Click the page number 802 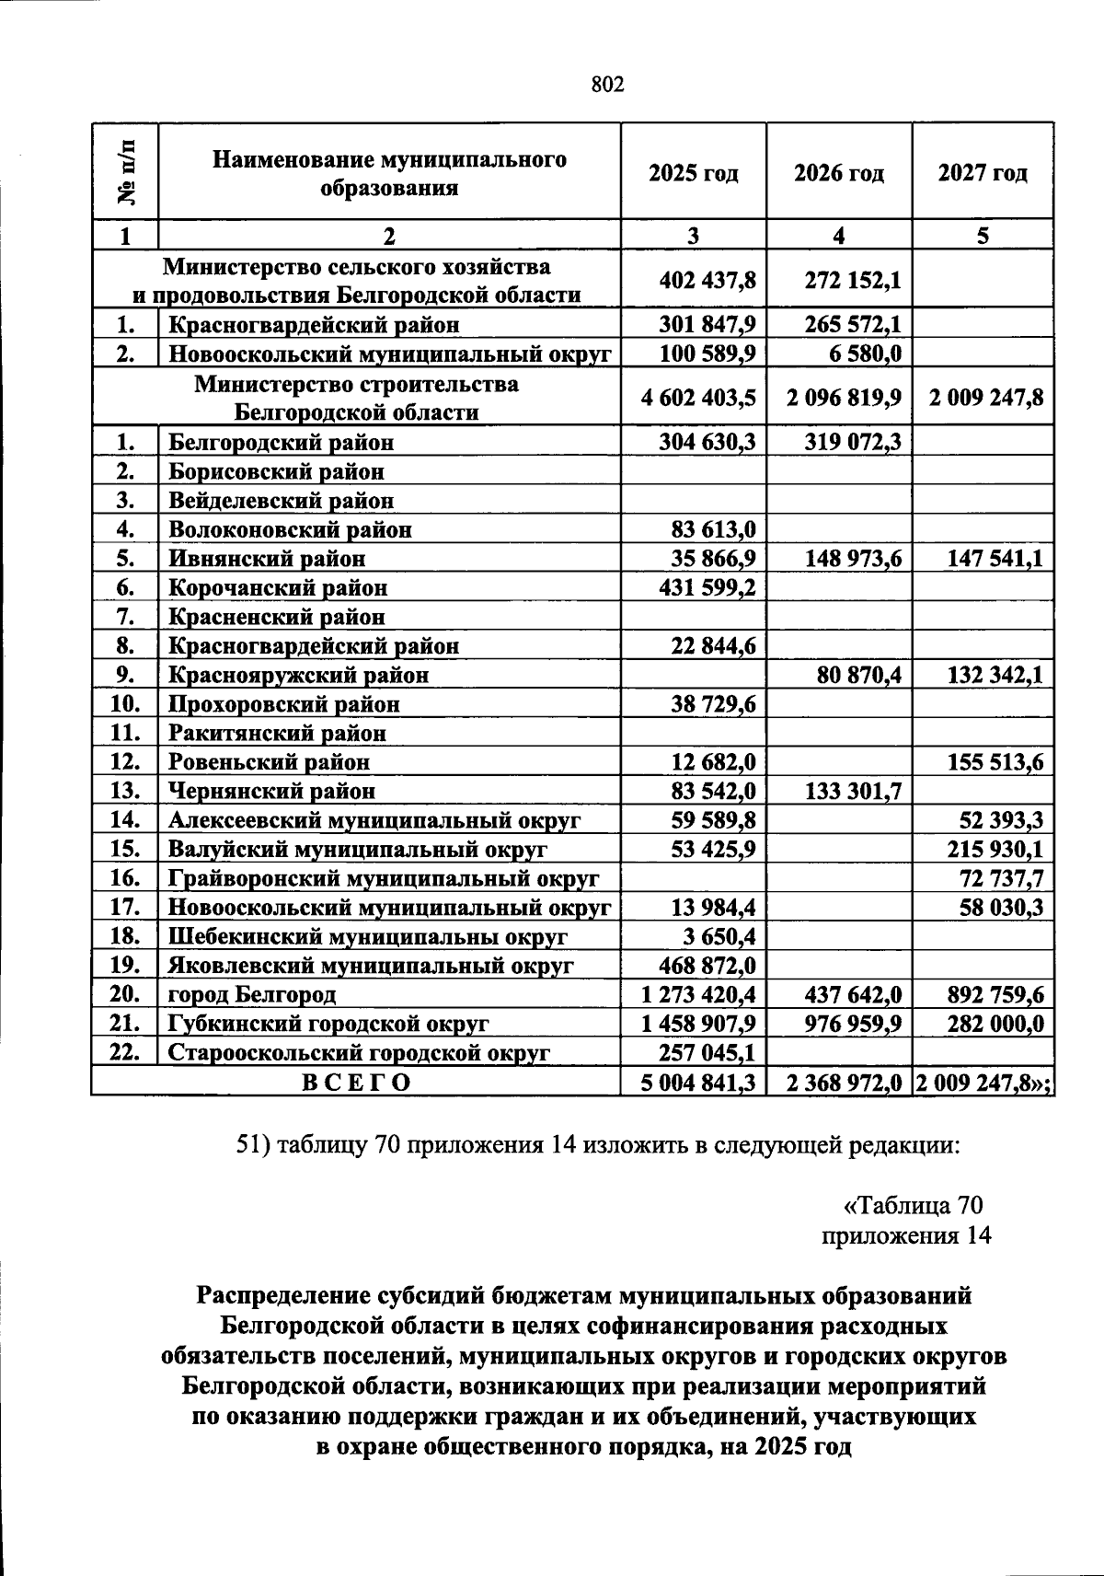click(x=606, y=86)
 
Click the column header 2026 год click(x=838, y=173)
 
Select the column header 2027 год click(x=982, y=173)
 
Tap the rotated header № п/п click(x=126, y=172)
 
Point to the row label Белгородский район click(x=281, y=442)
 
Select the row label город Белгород click(x=252, y=994)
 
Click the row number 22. click(x=125, y=1052)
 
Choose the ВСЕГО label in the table click(x=356, y=1082)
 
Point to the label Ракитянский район click(x=277, y=733)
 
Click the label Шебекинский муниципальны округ click(x=367, y=936)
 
